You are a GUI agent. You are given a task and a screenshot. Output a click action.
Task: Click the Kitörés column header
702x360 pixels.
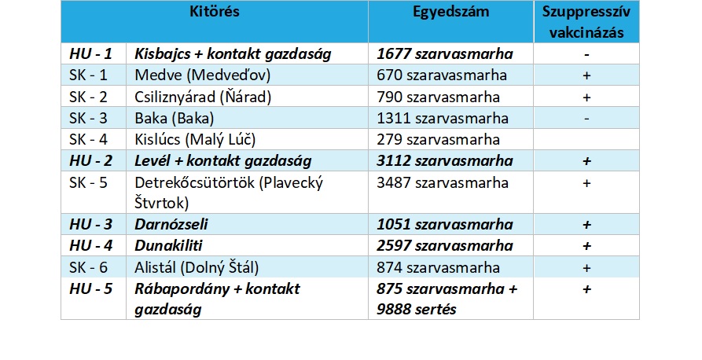(x=214, y=13)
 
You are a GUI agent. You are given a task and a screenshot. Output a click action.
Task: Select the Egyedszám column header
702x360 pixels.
(x=450, y=13)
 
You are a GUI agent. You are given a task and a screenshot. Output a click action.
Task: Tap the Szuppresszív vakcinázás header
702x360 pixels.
(x=586, y=21)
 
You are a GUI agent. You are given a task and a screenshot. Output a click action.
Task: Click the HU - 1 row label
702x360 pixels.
(x=91, y=54)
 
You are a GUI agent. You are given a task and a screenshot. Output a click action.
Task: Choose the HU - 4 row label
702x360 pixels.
(x=91, y=246)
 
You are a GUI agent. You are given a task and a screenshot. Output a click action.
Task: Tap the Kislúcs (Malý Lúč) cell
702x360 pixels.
(x=195, y=140)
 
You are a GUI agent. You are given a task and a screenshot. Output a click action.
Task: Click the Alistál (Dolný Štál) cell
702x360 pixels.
(x=197, y=267)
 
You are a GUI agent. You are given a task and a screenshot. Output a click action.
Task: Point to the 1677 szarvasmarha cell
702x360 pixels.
(x=445, y=54)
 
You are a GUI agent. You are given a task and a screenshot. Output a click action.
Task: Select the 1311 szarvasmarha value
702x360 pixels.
(x=443, y=119)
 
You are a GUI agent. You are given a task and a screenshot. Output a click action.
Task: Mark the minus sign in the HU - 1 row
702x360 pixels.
(x=586, y=55)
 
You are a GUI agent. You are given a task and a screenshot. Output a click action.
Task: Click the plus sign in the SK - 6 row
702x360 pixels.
(x=586, y=267)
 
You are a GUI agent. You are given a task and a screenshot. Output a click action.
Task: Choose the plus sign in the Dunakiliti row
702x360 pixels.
(x=586, y=246)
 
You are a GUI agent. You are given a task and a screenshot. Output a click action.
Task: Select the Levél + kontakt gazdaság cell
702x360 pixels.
(x=223, y=161)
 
